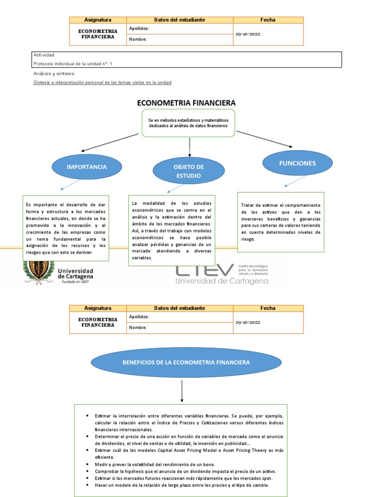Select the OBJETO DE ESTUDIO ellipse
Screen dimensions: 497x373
tap(188, 171)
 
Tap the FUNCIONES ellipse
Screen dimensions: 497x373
tap(297, 164)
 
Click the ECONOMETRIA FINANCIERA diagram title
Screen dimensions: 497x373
tap(186, 103)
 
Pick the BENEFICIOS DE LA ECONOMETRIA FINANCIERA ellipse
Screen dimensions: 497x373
tap(186, 363)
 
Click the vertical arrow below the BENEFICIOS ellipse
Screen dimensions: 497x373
tap(182, 391)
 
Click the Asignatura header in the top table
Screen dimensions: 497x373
tap(98, 20)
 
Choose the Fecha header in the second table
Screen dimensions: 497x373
tap(268, 308)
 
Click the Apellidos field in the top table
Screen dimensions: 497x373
tap(180, 29)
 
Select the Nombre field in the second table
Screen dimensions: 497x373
tap(180, 328)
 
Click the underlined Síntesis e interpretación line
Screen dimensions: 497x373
tap(102, 83)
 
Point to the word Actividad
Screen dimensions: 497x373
tap(44, 55)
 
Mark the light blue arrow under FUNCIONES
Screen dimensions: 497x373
tap(294, 181)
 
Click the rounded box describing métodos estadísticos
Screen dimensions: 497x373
tap(189, 123)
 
